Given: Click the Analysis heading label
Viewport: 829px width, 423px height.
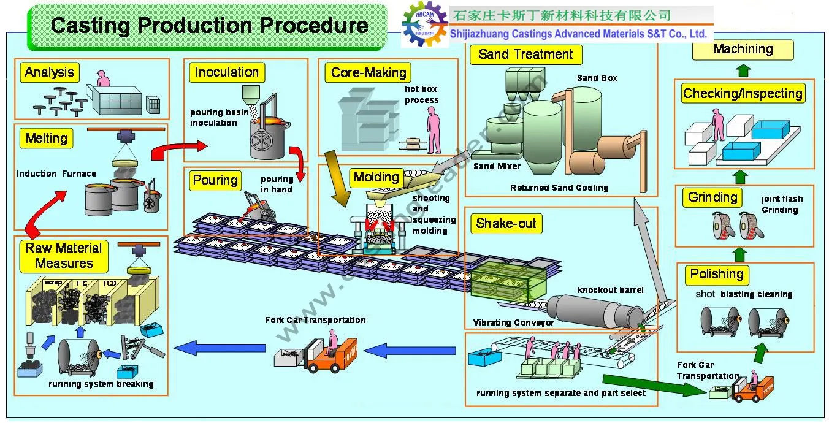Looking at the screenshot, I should click(49, 72).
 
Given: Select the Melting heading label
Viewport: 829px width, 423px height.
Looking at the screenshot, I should click(46, 138).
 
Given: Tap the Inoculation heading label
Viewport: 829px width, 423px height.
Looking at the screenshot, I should click(227, 72).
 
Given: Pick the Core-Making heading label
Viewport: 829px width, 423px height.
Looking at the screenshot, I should click(369, 73).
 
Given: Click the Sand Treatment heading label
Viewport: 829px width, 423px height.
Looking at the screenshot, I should click(525, 54).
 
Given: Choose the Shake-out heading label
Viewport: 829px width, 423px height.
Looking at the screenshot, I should click(506, 224).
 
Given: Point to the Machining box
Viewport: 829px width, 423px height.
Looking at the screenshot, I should click(743, 49).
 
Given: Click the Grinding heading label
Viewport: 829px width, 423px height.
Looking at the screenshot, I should click(712, 197).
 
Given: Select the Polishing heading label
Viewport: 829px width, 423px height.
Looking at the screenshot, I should click(716, 274).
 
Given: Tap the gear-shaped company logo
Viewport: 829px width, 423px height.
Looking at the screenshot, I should click(424, 25).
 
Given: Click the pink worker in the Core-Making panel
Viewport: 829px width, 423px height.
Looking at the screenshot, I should click(433, 129).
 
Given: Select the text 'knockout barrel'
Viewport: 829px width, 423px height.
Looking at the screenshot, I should click(610, 290).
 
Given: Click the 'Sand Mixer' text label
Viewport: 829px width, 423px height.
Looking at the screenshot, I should click(497, 166).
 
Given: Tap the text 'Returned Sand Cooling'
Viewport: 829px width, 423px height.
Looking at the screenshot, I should click(559, 188).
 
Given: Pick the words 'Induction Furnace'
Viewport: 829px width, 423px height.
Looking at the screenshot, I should click(56, 173).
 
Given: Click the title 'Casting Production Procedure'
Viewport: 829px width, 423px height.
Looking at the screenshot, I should click(209, 26).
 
